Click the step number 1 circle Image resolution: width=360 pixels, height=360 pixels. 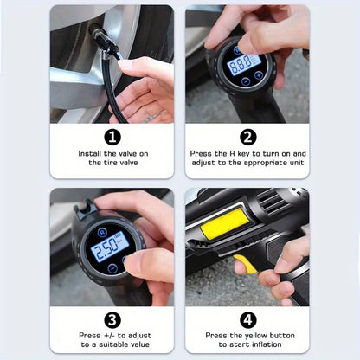[112, 136]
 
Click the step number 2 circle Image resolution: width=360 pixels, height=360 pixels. [247, 136]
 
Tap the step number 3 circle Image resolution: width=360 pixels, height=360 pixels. [112, 318]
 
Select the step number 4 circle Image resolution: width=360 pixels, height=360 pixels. [247, 318]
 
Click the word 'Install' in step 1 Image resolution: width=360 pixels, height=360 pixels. [89, 153]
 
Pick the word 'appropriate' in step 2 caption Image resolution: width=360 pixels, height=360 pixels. [254, 162]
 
